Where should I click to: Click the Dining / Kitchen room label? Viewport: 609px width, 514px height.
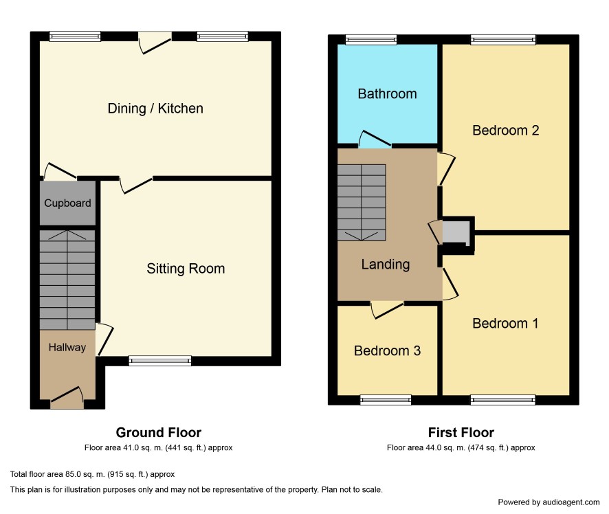155,109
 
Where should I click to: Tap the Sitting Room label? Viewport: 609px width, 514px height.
186,268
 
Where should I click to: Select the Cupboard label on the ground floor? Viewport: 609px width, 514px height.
67,203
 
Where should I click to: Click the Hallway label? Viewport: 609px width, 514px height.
67,347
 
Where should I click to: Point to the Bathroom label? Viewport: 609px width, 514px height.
387,93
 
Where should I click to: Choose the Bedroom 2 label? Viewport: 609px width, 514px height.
506,130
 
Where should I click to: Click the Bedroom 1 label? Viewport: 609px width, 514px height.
505,323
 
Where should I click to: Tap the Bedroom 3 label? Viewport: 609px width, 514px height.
387,350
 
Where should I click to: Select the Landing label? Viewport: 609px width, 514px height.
386,265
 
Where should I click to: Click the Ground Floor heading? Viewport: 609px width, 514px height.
159,432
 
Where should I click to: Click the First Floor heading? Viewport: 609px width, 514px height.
461,432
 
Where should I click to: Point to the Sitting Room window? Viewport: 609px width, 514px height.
160,361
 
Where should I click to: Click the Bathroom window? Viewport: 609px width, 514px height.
371,40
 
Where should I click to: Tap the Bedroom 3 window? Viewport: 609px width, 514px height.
386,400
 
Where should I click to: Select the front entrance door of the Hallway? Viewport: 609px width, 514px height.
67,397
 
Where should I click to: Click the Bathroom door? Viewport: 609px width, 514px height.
375,139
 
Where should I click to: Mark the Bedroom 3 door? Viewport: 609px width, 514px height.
387,310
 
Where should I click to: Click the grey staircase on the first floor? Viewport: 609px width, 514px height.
362,202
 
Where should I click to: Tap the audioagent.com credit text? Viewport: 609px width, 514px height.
549,502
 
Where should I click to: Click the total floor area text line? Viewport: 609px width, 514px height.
92,474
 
